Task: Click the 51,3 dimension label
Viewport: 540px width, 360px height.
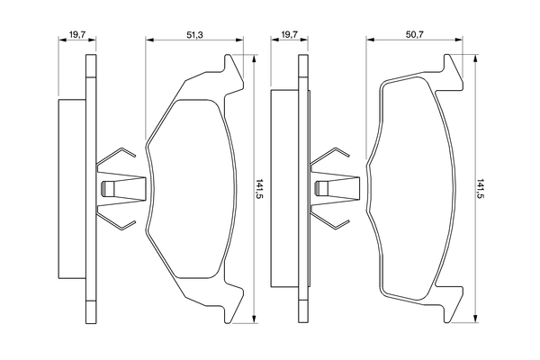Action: click(193, 33)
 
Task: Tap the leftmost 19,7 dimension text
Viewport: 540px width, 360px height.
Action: click(76, 33)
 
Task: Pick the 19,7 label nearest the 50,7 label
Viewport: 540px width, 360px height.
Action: click(289, 33)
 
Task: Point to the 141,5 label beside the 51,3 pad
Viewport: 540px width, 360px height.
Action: click(259, 190)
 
